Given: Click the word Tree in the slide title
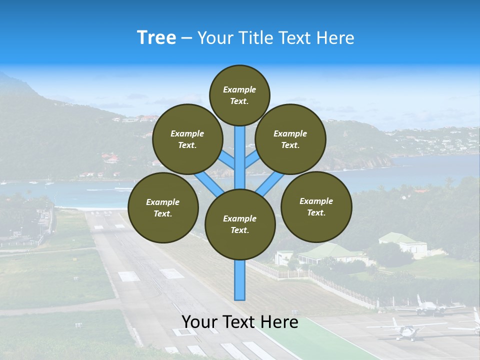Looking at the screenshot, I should coord(156,37).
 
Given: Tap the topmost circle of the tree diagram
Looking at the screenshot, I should coord(239,95).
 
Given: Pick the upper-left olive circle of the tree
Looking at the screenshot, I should coord(187,139).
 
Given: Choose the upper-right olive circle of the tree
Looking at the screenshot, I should coord(290,139).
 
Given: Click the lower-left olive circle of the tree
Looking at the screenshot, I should coord(163,207).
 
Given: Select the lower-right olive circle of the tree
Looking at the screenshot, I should coord(316,206).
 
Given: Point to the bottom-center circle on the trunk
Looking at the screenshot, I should coord(240,224).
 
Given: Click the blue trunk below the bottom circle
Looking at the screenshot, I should coord(240,280).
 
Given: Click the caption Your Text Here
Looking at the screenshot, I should coord(240,322).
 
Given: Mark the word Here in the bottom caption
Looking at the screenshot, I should coord(281,322).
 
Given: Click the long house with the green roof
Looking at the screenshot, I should coord(330,252).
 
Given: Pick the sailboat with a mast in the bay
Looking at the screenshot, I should coord(49,181).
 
